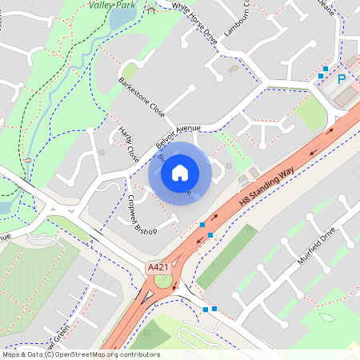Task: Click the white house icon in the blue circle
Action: [180, 172]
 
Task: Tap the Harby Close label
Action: [129, 142]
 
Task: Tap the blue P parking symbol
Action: [342, 79]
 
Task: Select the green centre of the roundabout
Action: [163, 281]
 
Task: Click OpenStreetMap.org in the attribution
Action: [90, 354]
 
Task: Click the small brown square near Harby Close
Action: [102, 150]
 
